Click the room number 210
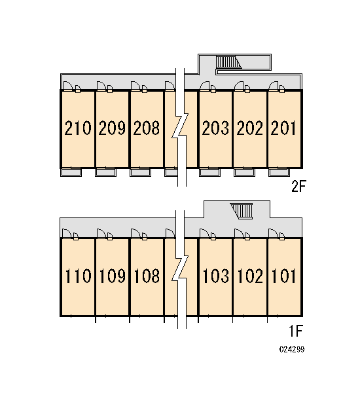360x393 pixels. pyautogui.click(x=78, y=128)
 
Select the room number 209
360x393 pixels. pyautogui.click(x=112, y=128)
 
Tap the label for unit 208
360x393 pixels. pyautogui.click(x=147, y=128)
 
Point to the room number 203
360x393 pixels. pyautogui.click(x=215, y=128)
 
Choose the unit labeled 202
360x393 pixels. pyautogui.click(x=250, y=128)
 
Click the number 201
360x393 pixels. pyautogui.click(x=283, y=128)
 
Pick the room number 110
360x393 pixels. pyautogui.click(x=78, y=276)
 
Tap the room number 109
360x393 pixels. pyautogui.click(x=112, y=276)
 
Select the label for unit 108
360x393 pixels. pyautogui.click(x=147, y=276)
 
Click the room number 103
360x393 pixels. pyautogui.click(x=216, y=276)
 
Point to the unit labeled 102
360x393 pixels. pyautogui.click(x=250, y=276)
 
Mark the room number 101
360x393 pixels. pyautogui.click(x=284, y=276)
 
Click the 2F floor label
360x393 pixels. pyautogui.click(x=298, y=186)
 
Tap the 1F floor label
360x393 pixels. pyautogui.click(x=296, y=331)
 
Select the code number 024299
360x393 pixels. pyautogui.click(x=292, y=349)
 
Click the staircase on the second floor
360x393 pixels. pyautogui.click(x=228, y=62)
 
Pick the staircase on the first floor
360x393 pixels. pyautogui.click(x=242, y=211)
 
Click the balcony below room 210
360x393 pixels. pyautogui.click(x=71, y=172)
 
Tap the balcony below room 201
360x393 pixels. pyautogui.click(x=279, y=172)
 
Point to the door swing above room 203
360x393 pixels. pyautogui.click(x=205, y=85)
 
